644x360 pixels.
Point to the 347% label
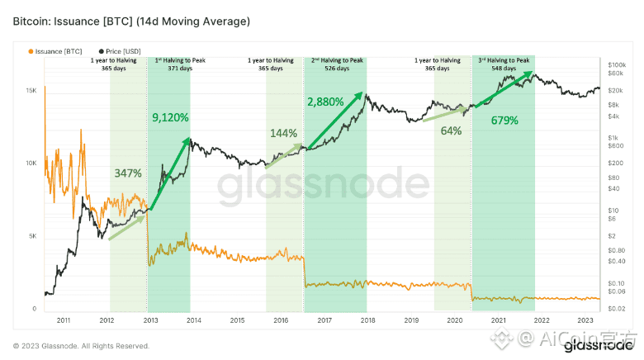point(128,173)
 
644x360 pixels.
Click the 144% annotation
point(283,132)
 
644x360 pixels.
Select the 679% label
point(504,121)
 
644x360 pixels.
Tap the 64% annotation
point(451,130)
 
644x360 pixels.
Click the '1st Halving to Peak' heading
point(169,61)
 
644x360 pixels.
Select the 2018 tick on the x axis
point(367,319)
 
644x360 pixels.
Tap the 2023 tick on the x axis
point(585,319)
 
